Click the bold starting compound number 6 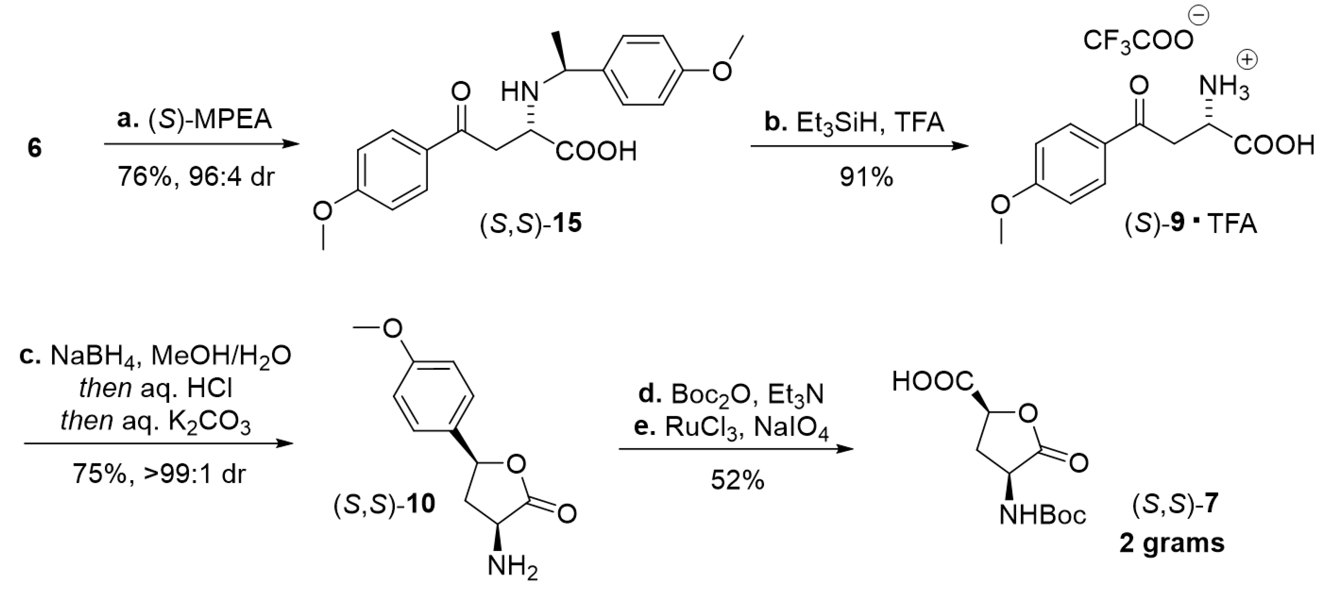click(x=34, y=149)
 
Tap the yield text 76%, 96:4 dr click(x=196, y=177)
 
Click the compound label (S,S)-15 click(x=530, y=224)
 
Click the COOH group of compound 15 click(x=595, y=151)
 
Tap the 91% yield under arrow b click(x=866, y=178)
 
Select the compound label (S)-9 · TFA click(x=1190, y=224)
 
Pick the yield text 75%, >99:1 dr click(x=159, y=473)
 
